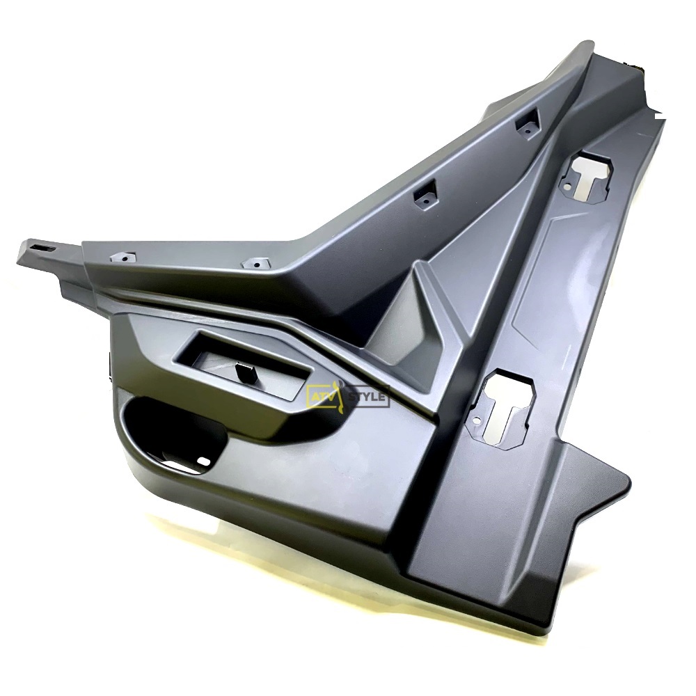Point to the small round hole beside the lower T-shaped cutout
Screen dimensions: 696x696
(477, 420)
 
